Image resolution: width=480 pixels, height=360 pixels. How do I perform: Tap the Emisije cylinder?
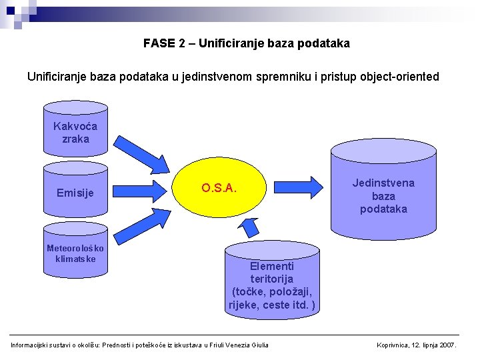click(75, 193)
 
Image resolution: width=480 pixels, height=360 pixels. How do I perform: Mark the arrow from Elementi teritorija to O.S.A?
click(249, 227)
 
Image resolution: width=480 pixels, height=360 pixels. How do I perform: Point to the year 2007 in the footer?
click(448, 345)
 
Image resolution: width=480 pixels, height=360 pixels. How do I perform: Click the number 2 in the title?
click(182, 43)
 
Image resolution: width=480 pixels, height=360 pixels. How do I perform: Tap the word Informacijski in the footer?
click(31, 345)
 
